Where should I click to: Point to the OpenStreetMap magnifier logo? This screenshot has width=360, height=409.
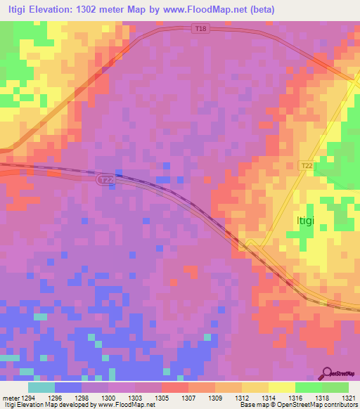coord(328,374)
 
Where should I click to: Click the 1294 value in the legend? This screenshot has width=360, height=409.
coord(28,397)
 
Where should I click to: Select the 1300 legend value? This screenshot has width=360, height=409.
coord(108,397)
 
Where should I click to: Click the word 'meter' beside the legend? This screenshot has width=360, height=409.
coord(9,397)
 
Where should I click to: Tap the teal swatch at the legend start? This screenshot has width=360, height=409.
coord(41,387)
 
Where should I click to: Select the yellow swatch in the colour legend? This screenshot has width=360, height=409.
coord(281,387)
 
